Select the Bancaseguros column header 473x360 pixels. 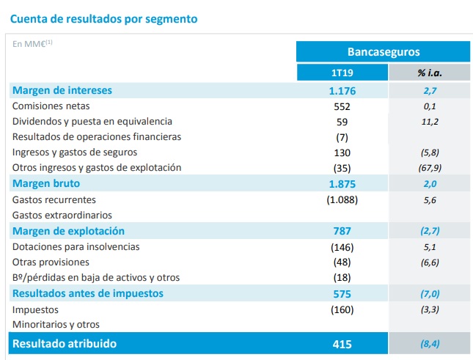pos(383,51)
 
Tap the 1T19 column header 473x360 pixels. pos(342,73)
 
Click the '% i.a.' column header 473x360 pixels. pos(430,73)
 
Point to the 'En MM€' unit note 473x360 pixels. pos(32,43)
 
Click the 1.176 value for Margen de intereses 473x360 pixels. pos(342,90)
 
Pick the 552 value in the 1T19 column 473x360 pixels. pos(342,106)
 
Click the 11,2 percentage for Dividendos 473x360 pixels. pos(430,121)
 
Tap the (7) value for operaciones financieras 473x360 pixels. pos(342,136)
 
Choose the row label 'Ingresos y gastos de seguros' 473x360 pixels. pos(76,152)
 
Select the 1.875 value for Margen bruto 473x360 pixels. pos(342,183)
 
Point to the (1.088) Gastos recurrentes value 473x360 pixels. pos(342,199)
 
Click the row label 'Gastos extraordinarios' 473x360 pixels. pos(62,215)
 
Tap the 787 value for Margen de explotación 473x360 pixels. pos(342,231)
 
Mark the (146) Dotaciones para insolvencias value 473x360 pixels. pos(342,246)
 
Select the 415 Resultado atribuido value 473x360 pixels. pos(342,343)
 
